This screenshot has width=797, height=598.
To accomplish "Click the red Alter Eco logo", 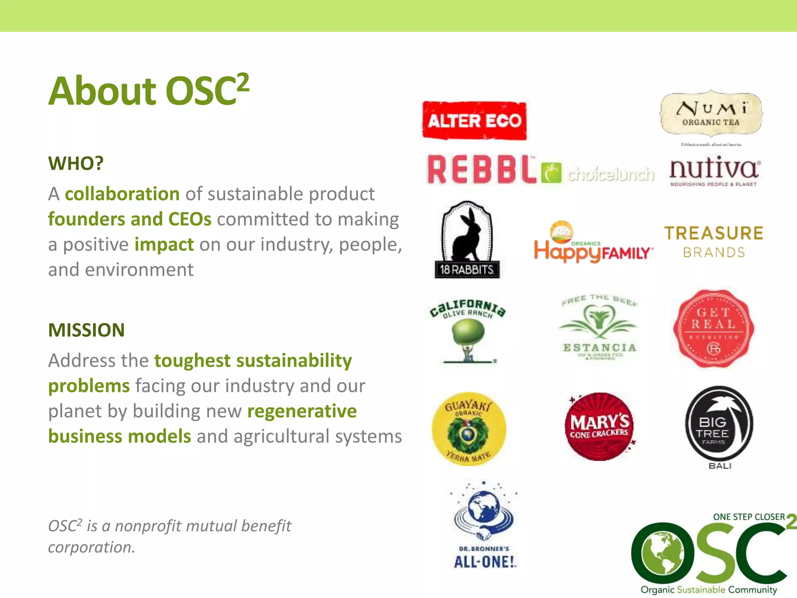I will (474, 121).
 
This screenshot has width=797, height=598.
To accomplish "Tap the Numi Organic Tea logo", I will (711, 114).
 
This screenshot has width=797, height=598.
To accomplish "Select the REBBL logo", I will (481, 170).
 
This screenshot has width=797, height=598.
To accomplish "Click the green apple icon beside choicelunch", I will (551, 173).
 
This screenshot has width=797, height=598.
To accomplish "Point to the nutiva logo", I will (714, 171).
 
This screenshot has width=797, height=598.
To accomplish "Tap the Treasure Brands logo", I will (714, 242).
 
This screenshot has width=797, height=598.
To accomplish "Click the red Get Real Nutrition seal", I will (713, 329).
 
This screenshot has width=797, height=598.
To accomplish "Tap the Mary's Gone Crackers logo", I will (599, 427).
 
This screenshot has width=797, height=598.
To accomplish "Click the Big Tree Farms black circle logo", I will (719, 424).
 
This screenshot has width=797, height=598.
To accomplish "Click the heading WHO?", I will (76, 163).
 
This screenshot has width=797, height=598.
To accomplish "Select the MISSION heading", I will (86, 330).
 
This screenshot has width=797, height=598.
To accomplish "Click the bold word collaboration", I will (122, 194).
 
